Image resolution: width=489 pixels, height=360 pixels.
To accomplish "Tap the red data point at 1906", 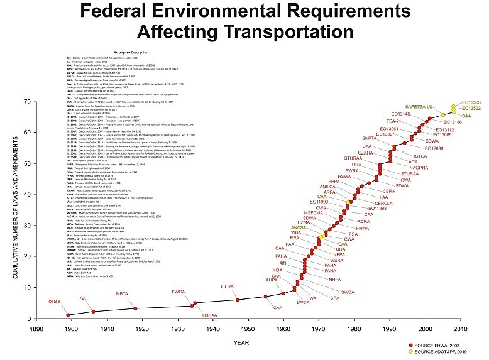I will (93, 311).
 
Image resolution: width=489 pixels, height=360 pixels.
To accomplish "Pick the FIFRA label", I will (228, 286).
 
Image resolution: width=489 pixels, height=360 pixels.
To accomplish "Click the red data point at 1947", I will (238, 300).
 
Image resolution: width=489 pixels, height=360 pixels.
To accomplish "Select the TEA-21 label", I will (394, 121).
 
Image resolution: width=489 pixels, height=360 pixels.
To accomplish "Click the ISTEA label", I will (420, 156).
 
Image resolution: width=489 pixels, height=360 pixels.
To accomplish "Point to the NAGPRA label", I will (419, 168).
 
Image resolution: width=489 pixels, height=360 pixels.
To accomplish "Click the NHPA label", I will (334, 279).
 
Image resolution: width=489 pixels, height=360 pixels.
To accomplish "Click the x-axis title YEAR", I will (241, 342).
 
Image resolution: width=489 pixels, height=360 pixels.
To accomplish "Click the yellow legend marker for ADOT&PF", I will (410, 352).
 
